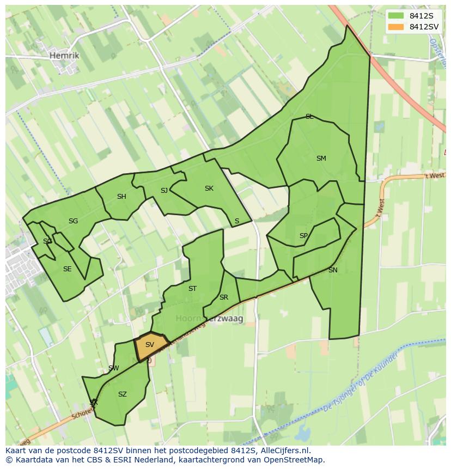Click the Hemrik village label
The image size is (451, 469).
pos(64,56)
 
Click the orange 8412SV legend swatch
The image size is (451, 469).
pos(396,27)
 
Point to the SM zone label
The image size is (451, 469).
pos(321,159)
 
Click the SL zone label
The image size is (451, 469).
pos(309,117)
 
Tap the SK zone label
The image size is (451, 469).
pos(209,188)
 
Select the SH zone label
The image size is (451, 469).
pos(121,197)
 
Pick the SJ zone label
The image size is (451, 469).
pos(164,190)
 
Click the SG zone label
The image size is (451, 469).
pos(74,221)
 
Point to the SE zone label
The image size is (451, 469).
pos(67,269)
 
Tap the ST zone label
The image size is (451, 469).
pos(192,289)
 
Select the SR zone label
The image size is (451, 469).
pos(223,297)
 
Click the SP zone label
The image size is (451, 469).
pos(303,236)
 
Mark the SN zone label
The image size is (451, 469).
pos(333,270)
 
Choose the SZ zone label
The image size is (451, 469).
pos(123,394)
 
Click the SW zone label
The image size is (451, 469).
pos(113,368)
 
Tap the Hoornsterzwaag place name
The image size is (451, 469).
pos(209,318)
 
